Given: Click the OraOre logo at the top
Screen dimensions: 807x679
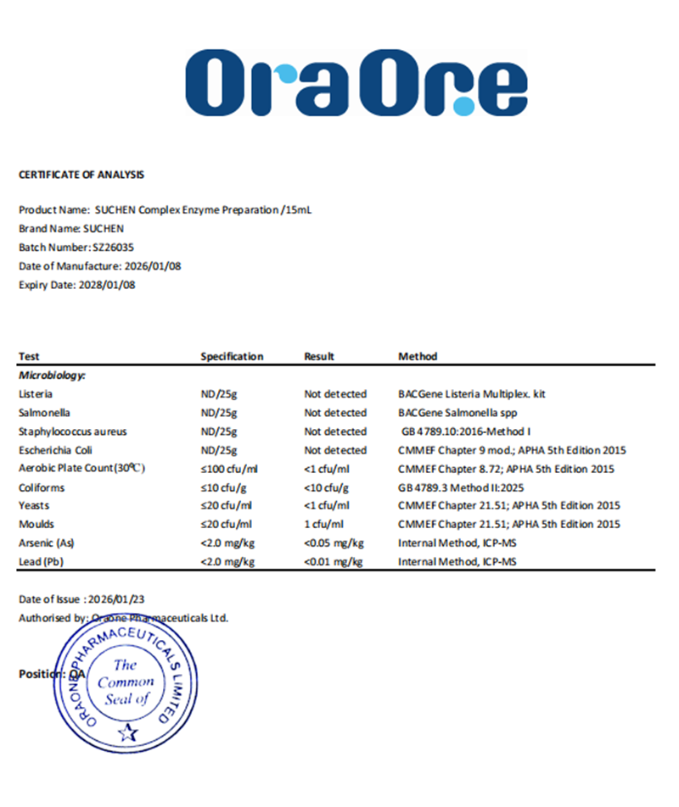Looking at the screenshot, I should click(356, 82).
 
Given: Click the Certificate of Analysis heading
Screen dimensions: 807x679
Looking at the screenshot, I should click(81, 175).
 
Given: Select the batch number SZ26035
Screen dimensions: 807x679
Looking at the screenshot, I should click(113, 248).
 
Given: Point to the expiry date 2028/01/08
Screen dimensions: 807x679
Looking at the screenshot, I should click(107, 285).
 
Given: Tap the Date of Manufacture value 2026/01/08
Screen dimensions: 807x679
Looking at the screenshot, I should click(153, 266).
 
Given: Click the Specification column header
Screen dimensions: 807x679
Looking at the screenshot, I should click(232, 357).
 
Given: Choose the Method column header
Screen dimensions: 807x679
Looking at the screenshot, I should click(418, 357).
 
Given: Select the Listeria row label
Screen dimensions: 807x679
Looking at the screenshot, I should click(36, 394).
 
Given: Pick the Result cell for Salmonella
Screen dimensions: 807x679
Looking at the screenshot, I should click(335, 413).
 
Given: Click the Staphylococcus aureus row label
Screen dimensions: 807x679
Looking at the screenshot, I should click(73, 431).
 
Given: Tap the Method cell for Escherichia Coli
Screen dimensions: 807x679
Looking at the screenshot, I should click(505, 450).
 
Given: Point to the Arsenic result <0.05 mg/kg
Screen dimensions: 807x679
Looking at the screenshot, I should click(334, 543).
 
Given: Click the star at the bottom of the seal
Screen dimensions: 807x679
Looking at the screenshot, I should click(128, 731).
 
